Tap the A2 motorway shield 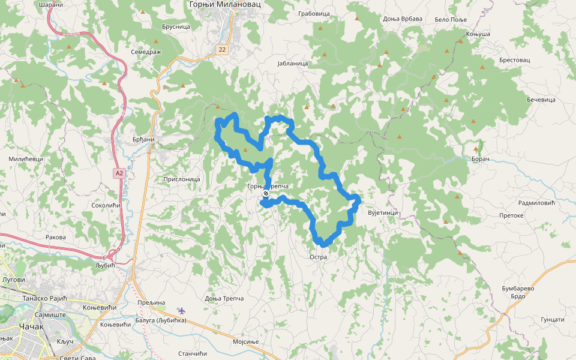pos(119,173)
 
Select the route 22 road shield pos(223,49)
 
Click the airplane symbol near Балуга pos(182,310)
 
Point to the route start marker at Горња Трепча pos(265,194)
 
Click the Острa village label pos(318,257)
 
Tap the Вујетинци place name pos(383,213)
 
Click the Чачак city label pos(31,326)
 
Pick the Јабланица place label pos(293,63)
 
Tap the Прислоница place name pos(181,179)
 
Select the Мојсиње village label pos(245,342)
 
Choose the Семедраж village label pos(146,52)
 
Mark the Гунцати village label pos(552,320)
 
